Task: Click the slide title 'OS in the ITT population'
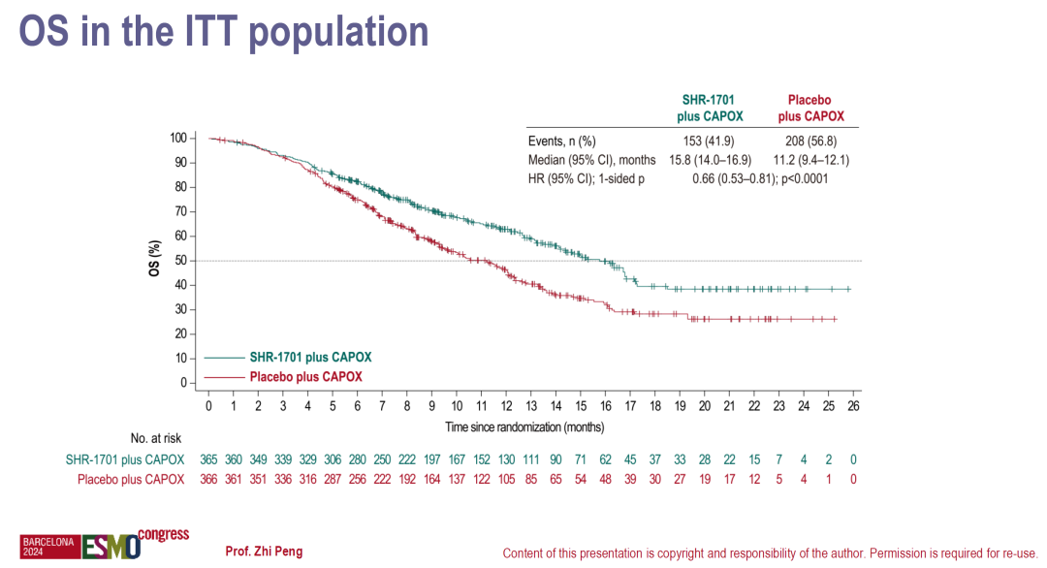pyautogui.click(x=224, y=33)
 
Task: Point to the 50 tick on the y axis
pyautogui.click(x=179, y=261)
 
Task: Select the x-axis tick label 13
pyautogui.click(x=531, y=406)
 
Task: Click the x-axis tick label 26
pyautogui.click(x=853, y=406)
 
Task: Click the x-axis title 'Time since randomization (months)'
pyautogui.click(x=524, y=426)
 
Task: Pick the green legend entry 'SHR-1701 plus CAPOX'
pyautogui.click(x=310, y=357)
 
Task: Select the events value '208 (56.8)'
pyautogui.click(x=815, y=141)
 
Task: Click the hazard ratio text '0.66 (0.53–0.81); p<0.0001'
pyautogui.click(x=760, y=179)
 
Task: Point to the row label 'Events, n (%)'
pyautogui.click(x=561, y=141)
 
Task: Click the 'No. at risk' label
pyautogui.click(x=156, y=438)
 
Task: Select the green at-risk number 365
pyautogui.click(x=208, y=459)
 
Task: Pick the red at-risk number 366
pyautogui.click(x=208, y=479)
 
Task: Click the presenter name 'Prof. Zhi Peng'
pyautogui.click(x=264, y=552)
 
